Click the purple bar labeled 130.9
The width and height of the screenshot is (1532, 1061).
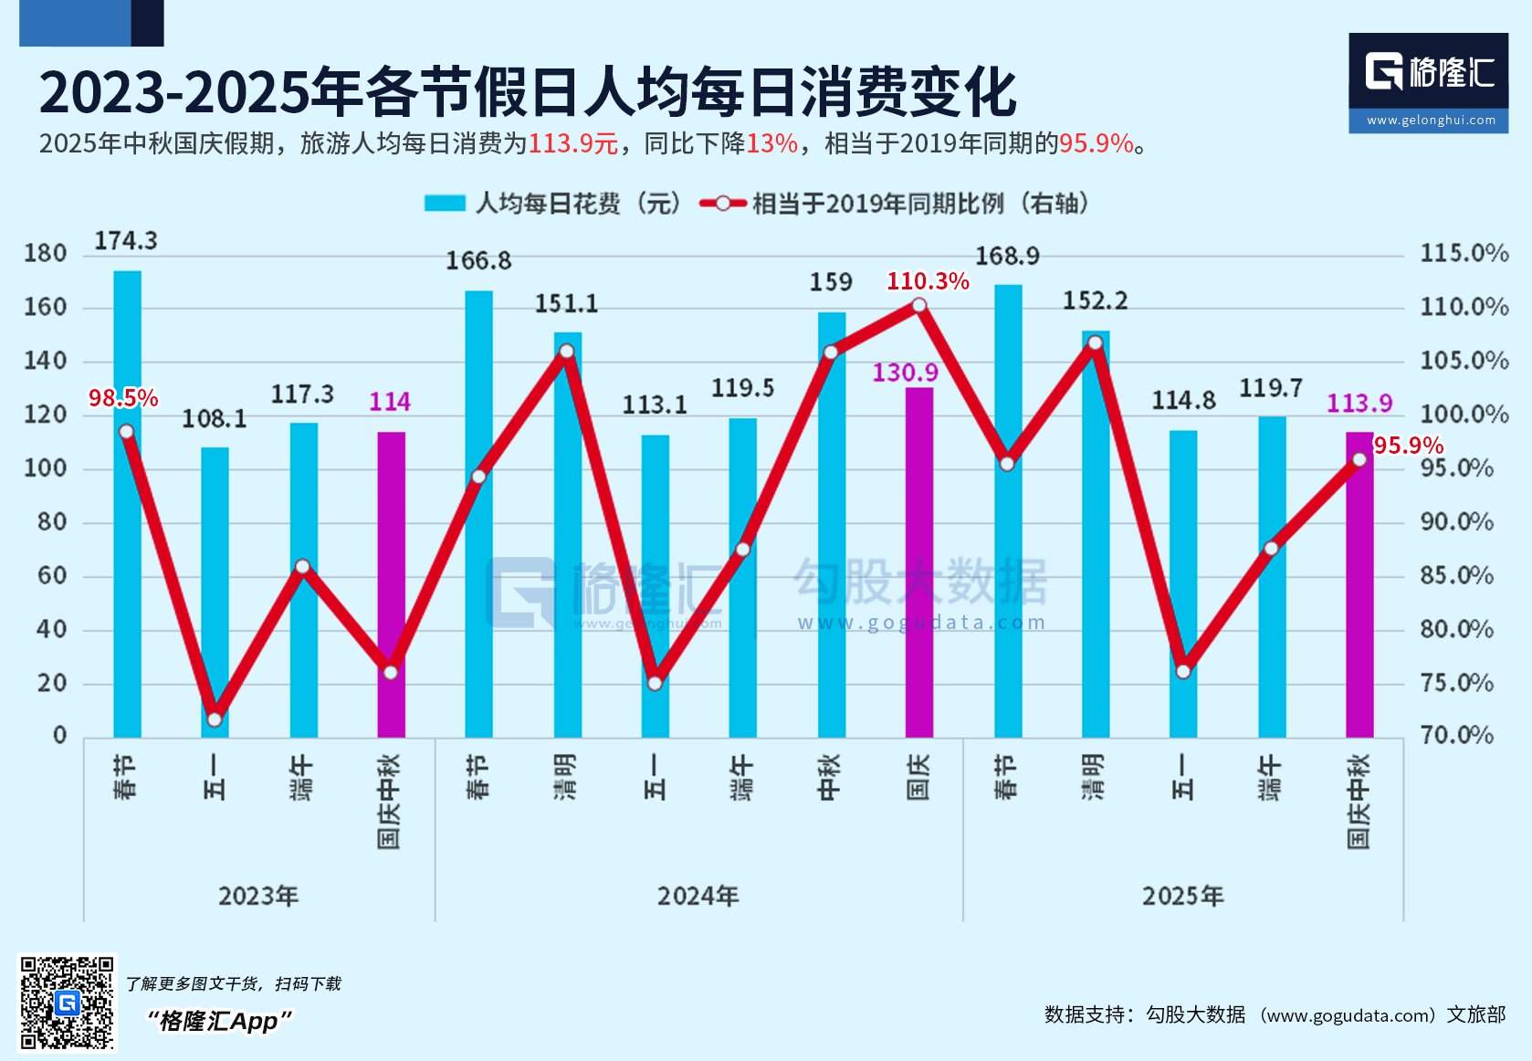click(x=919, y=562)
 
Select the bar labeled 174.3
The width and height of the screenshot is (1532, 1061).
click(x=127, y=503)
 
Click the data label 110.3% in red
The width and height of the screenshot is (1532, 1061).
click(x=928, y=281)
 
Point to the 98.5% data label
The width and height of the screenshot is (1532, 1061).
click(x=123, y=398)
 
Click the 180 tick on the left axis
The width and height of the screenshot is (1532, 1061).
click(x=46, y=253)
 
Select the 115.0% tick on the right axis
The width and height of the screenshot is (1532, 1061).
click(x=1464, y=253)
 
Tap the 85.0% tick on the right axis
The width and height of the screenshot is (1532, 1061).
click(x=1456, y=575)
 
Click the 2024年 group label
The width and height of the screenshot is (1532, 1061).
click(x=698, y=896)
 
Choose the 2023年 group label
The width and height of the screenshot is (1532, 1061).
click(x=258, y=896)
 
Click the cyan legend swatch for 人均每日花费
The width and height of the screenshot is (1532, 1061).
click(x=445, y=203)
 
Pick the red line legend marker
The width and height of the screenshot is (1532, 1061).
click(x=723, y=203)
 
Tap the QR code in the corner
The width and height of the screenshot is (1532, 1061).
click(x=68, y=1002)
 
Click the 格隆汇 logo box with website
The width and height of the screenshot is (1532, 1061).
click(x=1428, y=83)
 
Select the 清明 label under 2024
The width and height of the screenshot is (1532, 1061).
click(x=566, y=777)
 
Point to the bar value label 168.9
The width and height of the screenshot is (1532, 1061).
click(x=1007, y=257)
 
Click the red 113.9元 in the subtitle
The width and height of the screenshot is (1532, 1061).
click(x=572, y=143)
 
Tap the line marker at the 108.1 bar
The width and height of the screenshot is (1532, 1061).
click(x=215, y=719)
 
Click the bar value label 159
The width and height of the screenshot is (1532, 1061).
click(x=831, y=282)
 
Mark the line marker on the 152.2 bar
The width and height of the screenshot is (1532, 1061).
click(x=1095, y=343)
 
